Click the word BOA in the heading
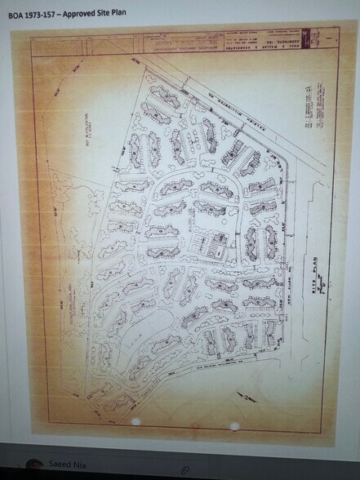16,14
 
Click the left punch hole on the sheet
136,422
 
